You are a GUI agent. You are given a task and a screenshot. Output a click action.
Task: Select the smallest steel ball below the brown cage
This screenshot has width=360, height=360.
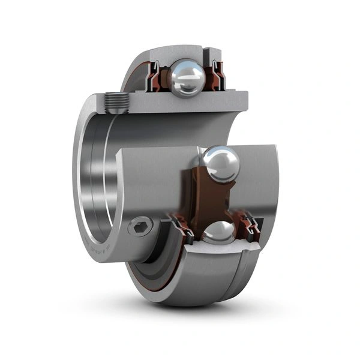[x=218, y=233]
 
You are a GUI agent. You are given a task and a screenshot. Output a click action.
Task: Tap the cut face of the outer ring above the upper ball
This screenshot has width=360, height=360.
[x=180, y=52]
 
